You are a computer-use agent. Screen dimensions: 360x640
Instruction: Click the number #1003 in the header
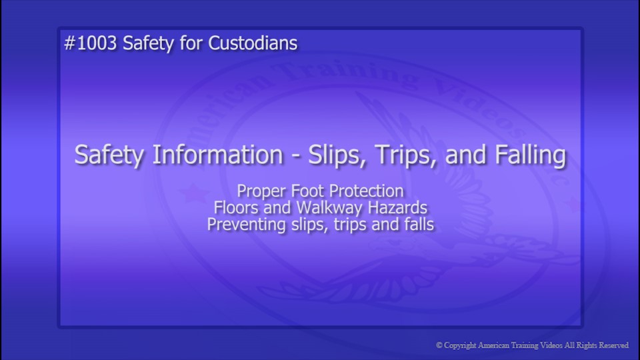click(91, 44)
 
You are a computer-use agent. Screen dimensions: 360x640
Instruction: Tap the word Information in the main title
click(217, 155)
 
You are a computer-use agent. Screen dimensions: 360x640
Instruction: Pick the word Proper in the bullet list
click(261, 191)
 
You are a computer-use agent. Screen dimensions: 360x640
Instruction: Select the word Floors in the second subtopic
click(235, 208)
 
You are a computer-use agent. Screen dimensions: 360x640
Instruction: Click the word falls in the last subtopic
click(419, 225)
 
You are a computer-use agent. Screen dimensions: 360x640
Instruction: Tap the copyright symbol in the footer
click(439, 345)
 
